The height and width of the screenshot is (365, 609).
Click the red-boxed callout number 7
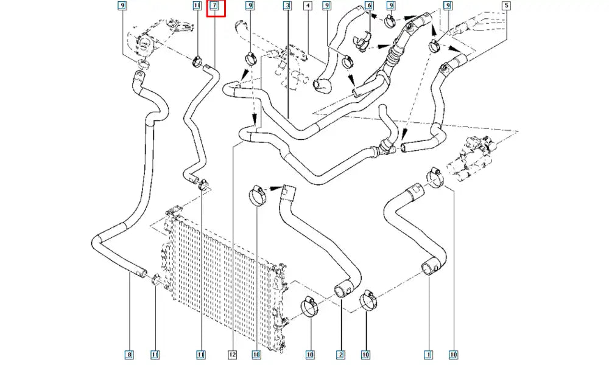(x=215, y=7)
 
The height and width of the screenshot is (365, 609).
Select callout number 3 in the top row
(x=287, y=7)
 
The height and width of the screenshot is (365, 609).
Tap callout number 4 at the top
(x=308, y=7)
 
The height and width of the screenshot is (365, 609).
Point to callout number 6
(x=368, y=7)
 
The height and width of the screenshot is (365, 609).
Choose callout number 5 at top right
(x=505, y=7)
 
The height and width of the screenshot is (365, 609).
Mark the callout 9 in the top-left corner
(x=122, y=7)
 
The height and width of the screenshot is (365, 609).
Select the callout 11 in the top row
(x=197, y=7)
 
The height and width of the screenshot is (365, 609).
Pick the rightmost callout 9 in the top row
(x=448, y=7)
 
